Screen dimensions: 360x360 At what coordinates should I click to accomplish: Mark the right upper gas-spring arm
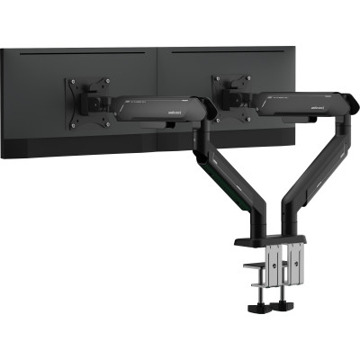click(x=297, y=103)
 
